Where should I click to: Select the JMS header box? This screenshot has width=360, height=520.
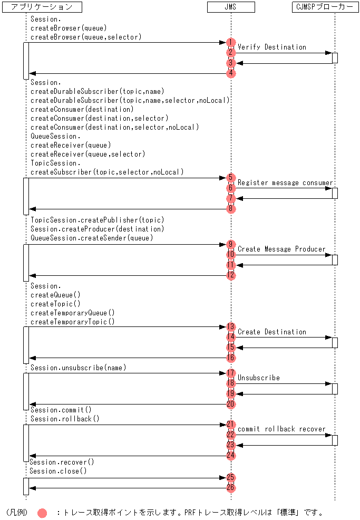231,7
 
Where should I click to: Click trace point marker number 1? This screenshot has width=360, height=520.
231,42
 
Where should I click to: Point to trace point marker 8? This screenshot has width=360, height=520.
231,209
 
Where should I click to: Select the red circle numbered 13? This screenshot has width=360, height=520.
231,327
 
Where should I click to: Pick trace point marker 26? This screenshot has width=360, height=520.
231,488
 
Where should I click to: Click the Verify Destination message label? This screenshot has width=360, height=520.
271,47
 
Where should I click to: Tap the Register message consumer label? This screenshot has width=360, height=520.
285,182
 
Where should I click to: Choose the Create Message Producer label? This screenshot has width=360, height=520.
281,249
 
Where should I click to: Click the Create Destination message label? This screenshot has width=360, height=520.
271,332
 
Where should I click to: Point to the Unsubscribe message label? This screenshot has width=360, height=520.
258,378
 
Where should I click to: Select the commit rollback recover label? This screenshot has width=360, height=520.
281,429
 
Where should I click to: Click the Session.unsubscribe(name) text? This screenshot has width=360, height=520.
78,368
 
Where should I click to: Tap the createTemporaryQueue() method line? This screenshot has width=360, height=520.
72,313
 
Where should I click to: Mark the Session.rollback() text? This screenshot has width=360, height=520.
64,419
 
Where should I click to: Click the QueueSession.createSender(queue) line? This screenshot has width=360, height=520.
92,238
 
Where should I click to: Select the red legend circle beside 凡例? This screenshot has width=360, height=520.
42,513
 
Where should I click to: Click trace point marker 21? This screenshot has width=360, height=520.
231,424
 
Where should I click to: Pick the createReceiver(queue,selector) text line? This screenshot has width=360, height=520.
87,154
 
